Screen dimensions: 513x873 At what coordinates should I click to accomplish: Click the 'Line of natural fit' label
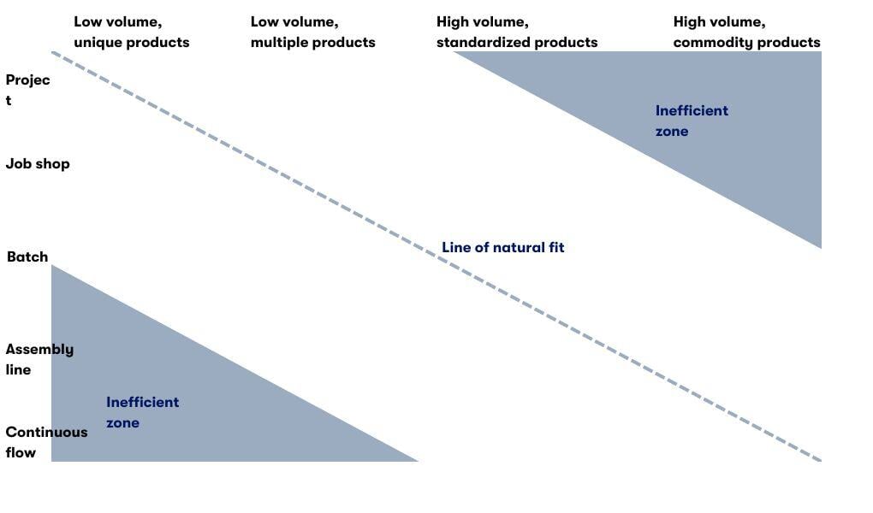[x=502, y=247]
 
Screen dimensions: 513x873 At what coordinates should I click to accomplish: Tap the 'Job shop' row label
[x=38, y=163]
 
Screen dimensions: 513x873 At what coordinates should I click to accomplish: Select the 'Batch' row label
[x=27, y=256]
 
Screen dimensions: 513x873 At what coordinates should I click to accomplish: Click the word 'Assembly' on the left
[x=39, y=349]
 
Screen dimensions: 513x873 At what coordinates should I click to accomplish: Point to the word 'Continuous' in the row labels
[x=46, y=432]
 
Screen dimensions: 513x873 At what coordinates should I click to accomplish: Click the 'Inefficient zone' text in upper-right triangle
[x=692, y=121]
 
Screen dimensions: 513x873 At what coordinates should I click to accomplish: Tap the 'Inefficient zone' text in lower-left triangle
[x=142, y=412]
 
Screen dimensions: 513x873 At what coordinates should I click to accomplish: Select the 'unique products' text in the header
[x=131, y=42]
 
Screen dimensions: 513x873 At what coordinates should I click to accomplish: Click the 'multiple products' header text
[x=312, y=42]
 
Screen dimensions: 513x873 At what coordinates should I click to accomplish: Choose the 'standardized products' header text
[x=517, y=42]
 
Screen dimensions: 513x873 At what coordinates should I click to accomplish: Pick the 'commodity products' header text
[x=746, y=42]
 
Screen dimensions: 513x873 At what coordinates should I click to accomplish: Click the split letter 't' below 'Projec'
[x=9, y=100]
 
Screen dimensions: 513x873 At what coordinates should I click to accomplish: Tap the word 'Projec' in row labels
[x=27, y=80]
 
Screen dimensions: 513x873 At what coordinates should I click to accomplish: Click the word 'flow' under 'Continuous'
[x=21, y=452]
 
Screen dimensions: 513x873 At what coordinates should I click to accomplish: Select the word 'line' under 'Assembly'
[x=18, y=369]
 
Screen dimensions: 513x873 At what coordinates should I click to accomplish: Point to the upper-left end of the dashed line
[x=53, y=53]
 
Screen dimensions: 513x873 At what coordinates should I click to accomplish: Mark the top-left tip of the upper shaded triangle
[x=455, y=53]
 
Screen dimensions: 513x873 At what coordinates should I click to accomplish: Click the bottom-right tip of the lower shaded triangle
[x=416, y=460]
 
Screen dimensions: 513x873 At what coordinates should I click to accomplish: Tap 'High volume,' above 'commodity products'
[x=719, y=22]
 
